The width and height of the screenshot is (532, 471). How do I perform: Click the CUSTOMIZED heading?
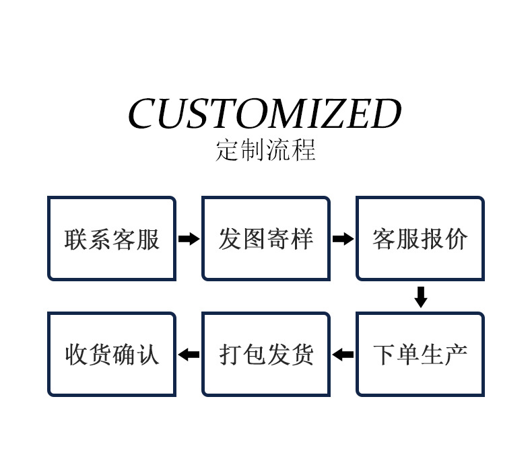point(265,114)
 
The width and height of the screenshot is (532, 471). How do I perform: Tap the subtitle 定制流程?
point(265,150)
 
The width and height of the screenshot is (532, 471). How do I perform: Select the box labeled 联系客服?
point(112,238)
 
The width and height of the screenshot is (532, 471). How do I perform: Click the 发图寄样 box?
point(266,238)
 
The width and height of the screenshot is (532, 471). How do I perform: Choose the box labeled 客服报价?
point(420,238)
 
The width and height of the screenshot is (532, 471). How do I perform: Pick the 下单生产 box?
point(420,354)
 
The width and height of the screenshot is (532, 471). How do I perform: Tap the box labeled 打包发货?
point(266,354)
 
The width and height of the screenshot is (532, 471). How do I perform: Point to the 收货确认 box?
point(112,354)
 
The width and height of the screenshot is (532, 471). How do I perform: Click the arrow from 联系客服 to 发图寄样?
point(189,238)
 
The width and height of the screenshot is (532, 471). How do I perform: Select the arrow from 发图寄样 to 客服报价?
point(343,238)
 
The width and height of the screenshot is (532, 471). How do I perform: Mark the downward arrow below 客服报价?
point(421,297)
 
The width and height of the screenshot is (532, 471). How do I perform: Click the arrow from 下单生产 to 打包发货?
point(343,354)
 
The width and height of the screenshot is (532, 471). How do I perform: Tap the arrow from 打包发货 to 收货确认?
point(189,354)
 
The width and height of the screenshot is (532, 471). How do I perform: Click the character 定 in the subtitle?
point(228,150)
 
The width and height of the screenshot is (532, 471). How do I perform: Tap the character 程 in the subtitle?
point(304,150)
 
